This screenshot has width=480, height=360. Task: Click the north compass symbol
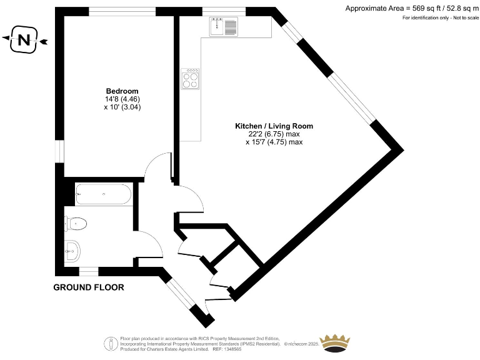(24, 41)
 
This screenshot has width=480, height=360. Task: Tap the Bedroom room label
(122, 91)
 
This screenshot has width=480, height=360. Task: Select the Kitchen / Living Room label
(274, 126)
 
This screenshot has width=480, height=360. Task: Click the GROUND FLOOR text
(88, 287)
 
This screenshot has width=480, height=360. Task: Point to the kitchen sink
(224, 26)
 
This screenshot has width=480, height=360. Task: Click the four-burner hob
(191, 78)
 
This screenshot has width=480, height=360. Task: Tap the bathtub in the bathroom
(103, 194)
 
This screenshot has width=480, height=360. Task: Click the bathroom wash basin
(72, 251)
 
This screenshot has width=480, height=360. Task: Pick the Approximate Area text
(411, 8)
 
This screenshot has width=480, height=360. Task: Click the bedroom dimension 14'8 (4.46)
(122, 99)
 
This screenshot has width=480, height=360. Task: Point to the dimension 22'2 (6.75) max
(274, 134)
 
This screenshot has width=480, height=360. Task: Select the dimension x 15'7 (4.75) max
(274, 142)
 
